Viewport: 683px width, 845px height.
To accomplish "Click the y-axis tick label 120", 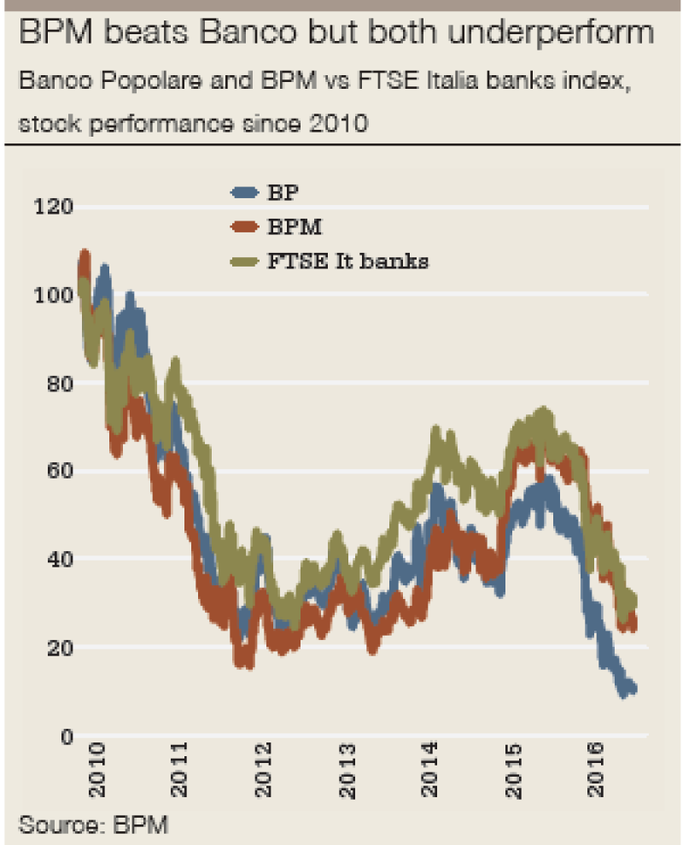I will (53, 206).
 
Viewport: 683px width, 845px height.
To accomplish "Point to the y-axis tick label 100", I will (53, 295).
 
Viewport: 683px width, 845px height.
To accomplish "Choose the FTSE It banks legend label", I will (348, 261).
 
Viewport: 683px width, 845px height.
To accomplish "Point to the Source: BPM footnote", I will (92, 825).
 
